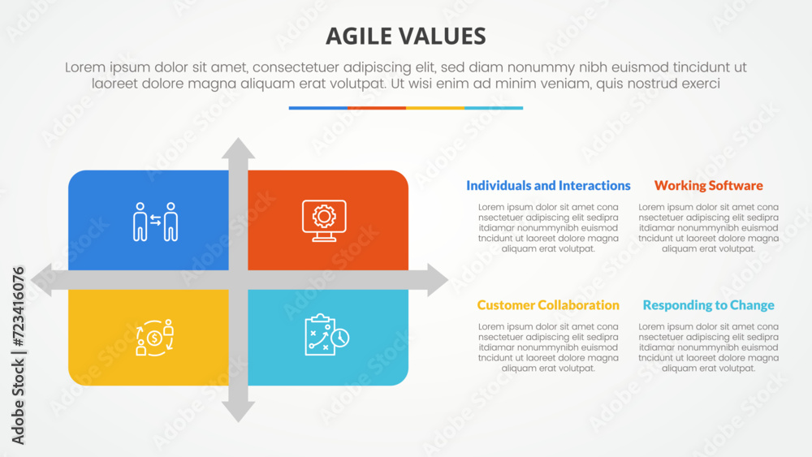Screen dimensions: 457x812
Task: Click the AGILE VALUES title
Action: tap(405, 36)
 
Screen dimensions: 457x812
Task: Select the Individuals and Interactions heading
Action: tap(548, 186)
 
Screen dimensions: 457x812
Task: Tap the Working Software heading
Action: tap(708, 186)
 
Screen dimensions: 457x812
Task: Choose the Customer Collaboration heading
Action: tap(548, 305)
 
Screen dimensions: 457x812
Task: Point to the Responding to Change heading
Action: tap(708, 305)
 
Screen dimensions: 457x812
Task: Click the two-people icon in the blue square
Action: tap(155, 222)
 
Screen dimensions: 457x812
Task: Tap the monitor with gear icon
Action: tap(324, 220)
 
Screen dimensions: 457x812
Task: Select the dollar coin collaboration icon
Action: tap(155, 337)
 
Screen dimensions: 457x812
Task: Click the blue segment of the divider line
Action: tap(317, 108)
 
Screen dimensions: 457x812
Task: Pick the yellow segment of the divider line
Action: tap(434, 108)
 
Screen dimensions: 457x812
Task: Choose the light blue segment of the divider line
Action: tap(494, 108)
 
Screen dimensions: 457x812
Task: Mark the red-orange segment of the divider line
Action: tap(376, 108)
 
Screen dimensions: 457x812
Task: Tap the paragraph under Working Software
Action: tap(708, 228)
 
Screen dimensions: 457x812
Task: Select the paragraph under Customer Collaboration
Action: tap(548, 347)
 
